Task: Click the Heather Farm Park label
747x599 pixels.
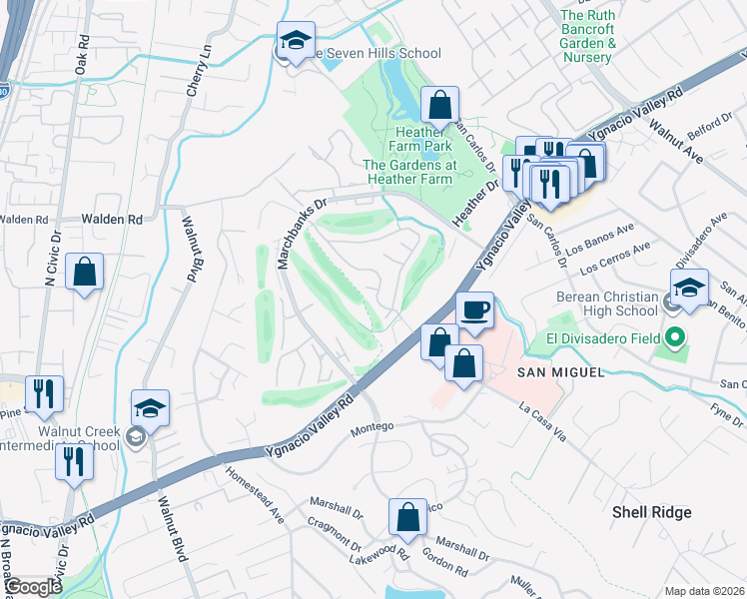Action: pos(423,139)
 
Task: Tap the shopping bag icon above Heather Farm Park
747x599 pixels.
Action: pos(438,103)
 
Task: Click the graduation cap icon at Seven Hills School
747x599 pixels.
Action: pos(296,41)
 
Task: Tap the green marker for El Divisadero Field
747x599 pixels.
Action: pos(674,338)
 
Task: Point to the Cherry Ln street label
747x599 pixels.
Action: pos(195,69)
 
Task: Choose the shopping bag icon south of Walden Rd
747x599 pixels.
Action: pos(85,271)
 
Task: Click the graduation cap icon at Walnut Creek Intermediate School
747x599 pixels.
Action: pos(150,408)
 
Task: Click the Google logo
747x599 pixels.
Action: pos(33,587)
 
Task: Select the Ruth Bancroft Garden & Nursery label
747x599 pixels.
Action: pos(601,36)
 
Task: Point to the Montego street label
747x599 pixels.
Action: pos(376,426)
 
